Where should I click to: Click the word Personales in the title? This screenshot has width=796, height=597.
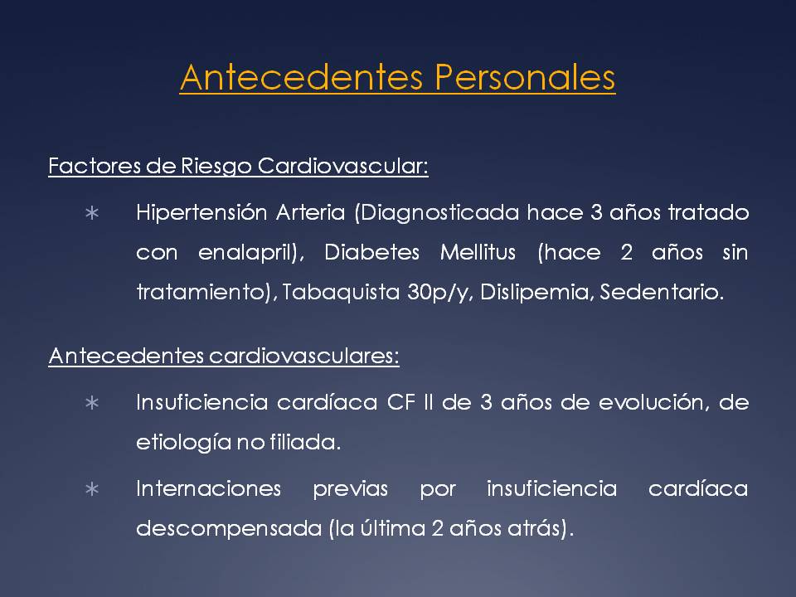tap(525, 78)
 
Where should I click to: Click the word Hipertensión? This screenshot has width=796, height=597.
tap(201, 213)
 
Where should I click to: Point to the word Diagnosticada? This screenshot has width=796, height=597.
tap(437, 213)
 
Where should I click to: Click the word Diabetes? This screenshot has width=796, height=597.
tap(372, 252)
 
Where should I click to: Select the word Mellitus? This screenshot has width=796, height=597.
tap(478, 252)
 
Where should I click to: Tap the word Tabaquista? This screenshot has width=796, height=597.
tap(341, 293)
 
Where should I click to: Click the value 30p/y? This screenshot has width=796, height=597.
tap(439, 293)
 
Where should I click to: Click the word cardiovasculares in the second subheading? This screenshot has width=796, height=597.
tap(304, 356)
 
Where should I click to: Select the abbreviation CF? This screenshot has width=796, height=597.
tap(401, 403)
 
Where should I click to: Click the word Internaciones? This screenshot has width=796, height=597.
tap(208, 489)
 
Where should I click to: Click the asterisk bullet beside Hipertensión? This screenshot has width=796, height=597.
tap(92, 213)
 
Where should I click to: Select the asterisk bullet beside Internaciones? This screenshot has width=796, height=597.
tap(92, 489)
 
